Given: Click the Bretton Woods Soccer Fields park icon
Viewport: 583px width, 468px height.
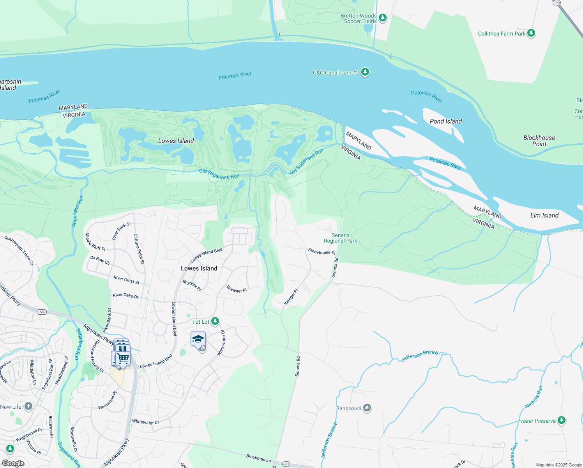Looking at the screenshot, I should point(383,18).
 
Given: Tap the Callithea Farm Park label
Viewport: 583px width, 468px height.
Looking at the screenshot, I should point(502,34).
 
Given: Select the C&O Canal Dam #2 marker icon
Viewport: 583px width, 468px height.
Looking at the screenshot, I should point(365,72).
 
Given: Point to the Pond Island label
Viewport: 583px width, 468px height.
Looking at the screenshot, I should point(445,121).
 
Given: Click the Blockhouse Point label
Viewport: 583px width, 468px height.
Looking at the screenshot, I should point(539,141).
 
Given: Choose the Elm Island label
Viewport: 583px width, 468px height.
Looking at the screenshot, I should point(544,215).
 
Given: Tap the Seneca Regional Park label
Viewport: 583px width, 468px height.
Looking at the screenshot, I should point(340,238).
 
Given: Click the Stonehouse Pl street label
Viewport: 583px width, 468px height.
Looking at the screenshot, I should point(322,252).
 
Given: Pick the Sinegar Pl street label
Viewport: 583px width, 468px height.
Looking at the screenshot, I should point(291,297).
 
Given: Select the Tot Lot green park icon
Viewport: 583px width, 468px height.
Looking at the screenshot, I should point(215,321).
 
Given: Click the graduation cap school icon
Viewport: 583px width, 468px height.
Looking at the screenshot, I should point(198,339).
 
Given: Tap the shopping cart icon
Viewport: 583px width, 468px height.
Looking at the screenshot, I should point(123,358).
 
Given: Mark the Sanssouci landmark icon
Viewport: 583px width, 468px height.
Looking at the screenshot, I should point(367,408).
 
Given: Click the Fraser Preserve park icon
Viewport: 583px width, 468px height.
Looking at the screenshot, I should point(561,420).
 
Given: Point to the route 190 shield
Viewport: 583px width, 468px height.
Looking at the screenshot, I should point(556,2).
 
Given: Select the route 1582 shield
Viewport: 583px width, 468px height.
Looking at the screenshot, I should point(42,312).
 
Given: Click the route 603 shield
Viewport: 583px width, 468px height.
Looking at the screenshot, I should point(286,464).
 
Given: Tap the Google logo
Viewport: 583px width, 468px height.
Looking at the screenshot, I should point(13,463).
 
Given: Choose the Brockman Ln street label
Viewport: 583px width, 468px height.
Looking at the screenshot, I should point(258,457).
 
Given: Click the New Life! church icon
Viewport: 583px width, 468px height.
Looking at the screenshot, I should point(28,407).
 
